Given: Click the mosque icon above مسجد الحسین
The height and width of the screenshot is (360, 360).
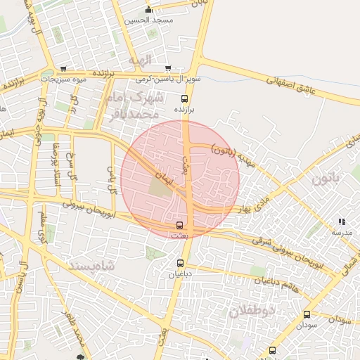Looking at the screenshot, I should click(x=148, y=9).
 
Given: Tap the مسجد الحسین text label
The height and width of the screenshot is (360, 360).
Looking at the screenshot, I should click(x=148, y=20).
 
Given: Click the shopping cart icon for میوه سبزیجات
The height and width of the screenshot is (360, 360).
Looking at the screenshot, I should click(x=63, y=69).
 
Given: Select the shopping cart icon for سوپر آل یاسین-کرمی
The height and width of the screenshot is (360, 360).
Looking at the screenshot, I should click(x=167, y=69).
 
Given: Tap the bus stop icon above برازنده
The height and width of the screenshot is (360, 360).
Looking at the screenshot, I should click(x=184, y=99).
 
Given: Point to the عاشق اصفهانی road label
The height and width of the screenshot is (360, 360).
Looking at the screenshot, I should click(x=289, y=85).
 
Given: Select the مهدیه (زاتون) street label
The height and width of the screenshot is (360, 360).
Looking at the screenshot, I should click(x=233, y=151).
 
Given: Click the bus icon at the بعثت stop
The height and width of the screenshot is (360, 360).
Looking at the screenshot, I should click(x=180, y=226).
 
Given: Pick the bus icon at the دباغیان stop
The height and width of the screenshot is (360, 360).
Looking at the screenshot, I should click(x=180, y=264).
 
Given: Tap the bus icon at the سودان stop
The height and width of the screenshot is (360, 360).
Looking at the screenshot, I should click(x=307, y=314).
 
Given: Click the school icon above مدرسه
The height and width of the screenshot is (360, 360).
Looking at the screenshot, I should click(x=342, y=222).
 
